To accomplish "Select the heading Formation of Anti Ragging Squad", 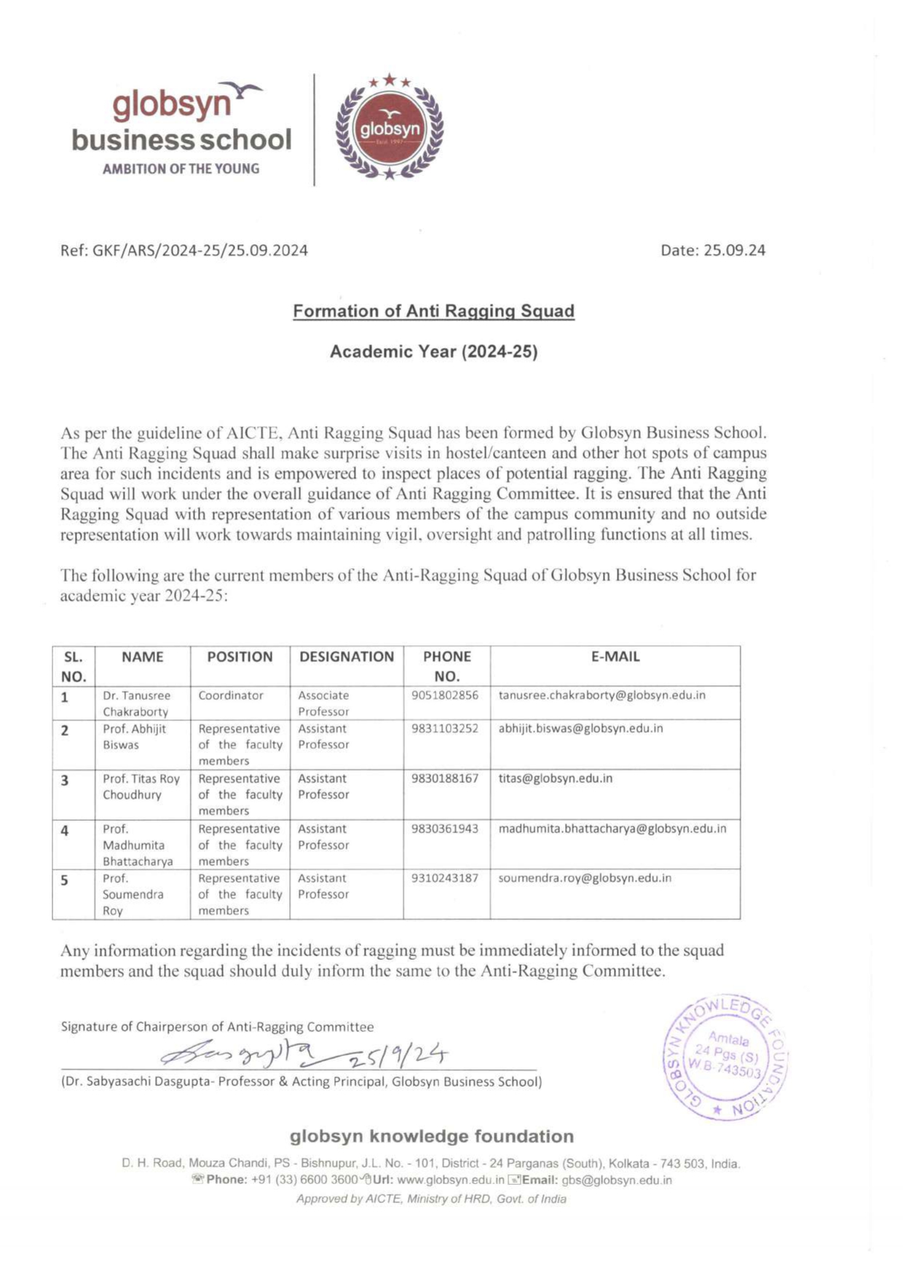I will pos(433,311).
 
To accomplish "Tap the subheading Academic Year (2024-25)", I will pos(433,352).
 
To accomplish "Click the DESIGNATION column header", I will pos(347,657).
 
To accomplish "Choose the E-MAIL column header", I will pos(615,657).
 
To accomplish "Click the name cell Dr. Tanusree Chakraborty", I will pos(137,703).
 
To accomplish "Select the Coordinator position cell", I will pos(231,695).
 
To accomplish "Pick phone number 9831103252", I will pos(445,728).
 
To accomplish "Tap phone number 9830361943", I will pos(445,829).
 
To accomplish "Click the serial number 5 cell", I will pos(65,880).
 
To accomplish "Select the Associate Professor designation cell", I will pos(323,703).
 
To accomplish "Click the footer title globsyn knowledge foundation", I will pos(432,1136).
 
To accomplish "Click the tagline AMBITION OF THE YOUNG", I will pos(181,169).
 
